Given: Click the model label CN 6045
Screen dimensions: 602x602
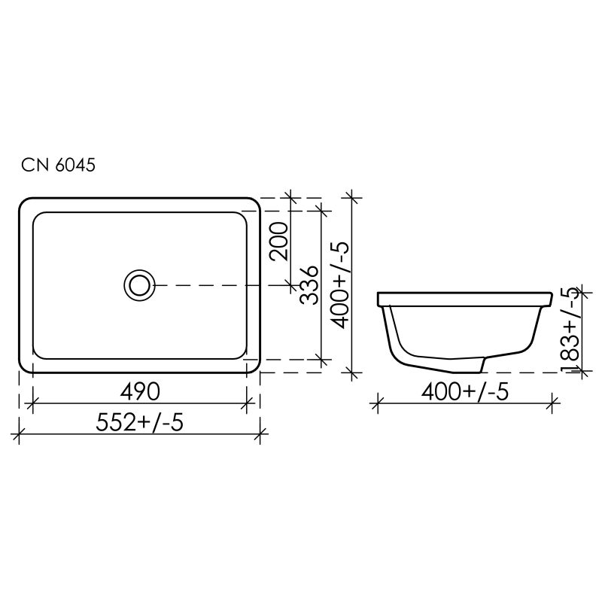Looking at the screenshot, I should (57, 165).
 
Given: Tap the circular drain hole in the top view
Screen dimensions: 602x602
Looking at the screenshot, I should (138, 284).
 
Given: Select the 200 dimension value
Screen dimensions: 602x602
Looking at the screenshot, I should (281, 242).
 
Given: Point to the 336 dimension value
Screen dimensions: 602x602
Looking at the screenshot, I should (309, 284).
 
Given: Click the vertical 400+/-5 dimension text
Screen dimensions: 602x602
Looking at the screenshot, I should (340, 284).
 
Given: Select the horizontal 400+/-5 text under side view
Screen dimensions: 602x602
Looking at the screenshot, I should (462, 391).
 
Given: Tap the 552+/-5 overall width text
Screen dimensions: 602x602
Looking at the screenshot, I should (138, 423).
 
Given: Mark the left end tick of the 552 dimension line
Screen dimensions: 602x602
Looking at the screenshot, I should (19, 433).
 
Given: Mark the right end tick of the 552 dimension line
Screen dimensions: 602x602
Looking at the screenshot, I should (260, 433).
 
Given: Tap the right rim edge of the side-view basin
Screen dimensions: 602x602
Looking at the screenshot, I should (552, 299).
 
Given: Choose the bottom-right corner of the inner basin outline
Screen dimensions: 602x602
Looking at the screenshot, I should (242, 353).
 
